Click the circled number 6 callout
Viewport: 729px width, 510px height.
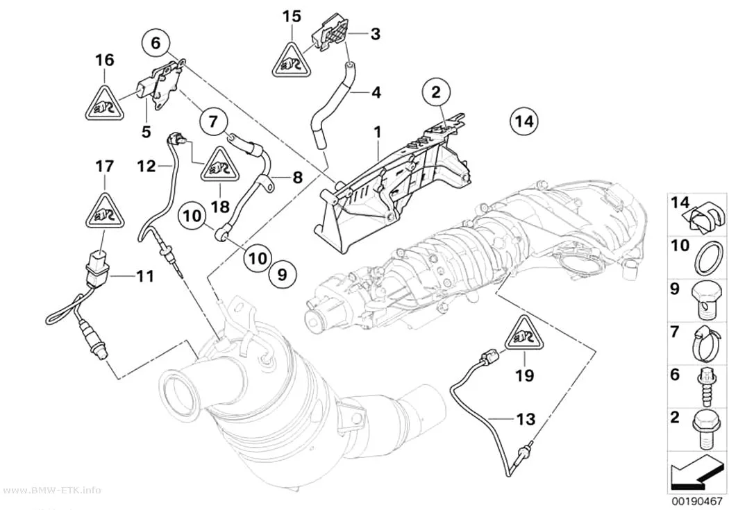click(156, 43)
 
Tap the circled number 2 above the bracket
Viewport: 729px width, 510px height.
click(435, 92)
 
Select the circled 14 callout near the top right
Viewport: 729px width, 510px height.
click(524, 121)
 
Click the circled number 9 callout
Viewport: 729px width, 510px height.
click(283, 275)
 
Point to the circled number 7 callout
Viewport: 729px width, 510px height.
click(213, 121)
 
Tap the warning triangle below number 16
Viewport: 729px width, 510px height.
click(105, 103)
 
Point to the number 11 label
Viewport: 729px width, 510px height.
click(144, 276)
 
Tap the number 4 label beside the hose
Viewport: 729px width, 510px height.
click(376, 92)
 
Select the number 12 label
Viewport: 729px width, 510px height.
click(146, 165)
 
